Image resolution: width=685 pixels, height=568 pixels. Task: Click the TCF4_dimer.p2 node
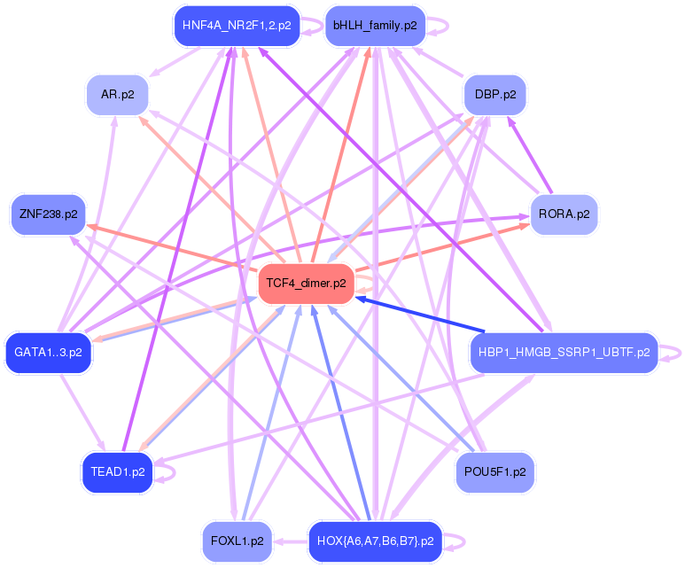[306, 284]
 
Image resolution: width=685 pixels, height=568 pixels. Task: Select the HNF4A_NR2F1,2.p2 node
[236, 26]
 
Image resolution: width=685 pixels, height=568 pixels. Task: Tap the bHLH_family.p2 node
[375, 26]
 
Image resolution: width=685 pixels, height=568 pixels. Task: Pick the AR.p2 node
[117, 94]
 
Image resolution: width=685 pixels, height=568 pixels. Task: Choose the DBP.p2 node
[495, 94]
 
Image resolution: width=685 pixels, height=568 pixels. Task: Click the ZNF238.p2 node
[46, 214]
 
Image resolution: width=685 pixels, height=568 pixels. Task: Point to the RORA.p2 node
[564, 214]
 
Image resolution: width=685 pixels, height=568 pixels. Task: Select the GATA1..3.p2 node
[49, 353]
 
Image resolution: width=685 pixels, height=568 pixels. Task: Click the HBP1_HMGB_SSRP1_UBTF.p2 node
[564, 353]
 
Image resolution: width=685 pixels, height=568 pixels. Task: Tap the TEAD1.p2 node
[117, 472]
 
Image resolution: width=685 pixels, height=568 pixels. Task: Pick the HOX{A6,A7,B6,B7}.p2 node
[375, 541]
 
